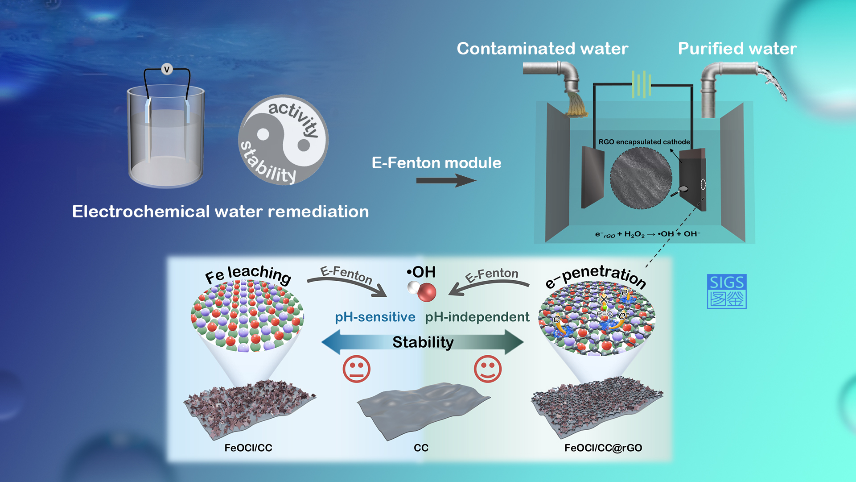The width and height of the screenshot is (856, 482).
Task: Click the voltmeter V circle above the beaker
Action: (x=167, y=69)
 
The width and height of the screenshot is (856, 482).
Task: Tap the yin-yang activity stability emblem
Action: (x=284, y=140)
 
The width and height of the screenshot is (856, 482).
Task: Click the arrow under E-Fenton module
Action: (x=446, y=181)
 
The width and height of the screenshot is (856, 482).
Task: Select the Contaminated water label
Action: (x=543, y=49)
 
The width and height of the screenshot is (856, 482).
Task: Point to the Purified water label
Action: (x=737, y=49)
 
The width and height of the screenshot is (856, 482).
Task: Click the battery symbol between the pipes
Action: (x=642, y=84)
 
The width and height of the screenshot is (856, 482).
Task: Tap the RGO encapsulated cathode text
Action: (x=644, y=142)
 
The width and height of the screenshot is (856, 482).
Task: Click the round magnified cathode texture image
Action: (x=641, y=178)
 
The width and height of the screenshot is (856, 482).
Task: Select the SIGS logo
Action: (x=727, y=291)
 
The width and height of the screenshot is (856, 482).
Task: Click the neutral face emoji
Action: (x=357, y=369)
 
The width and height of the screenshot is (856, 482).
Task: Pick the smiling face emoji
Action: (x=488, y=369)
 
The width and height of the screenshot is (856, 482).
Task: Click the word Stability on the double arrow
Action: (x=423, y=342)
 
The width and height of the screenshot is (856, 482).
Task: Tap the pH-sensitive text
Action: (x=375, y=317)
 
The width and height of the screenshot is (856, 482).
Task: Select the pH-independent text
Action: (x=477, y=317)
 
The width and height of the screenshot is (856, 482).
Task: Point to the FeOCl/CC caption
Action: (x=248, y=448)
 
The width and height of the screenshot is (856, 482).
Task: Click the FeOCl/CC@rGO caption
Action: (x=603, y=448)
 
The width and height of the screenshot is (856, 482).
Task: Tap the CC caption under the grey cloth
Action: (x=421, y=448)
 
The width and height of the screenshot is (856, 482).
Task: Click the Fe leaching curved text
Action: (x=248, y=274)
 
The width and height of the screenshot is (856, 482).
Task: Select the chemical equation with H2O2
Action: (x=648, y=234)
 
